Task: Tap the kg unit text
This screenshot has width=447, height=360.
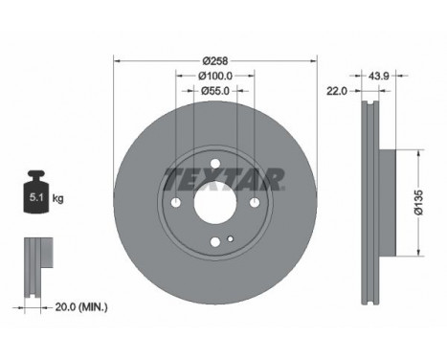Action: click(57, 199)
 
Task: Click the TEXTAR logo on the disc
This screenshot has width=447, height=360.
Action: click(224, 178)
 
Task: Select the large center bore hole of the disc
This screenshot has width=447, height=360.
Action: click(214, 203)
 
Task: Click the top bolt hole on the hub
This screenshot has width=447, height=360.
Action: click(215, 164)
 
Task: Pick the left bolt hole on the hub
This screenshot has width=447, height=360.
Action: click(175, 203)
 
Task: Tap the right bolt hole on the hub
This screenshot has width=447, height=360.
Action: click(255, 203)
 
